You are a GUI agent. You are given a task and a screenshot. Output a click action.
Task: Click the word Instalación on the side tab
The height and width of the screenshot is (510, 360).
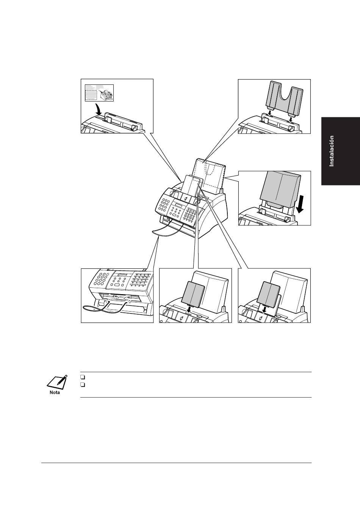[x=332, y=151]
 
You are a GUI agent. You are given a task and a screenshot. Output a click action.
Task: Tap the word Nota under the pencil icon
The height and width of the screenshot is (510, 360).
[x=55, y=392]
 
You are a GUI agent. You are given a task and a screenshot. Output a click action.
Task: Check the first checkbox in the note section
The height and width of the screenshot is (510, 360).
[x=83, y=377]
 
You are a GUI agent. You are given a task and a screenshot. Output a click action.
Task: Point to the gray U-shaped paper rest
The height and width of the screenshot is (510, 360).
[x=285, y=98]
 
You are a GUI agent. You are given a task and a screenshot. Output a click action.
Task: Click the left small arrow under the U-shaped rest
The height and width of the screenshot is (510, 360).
[x=269, y=112]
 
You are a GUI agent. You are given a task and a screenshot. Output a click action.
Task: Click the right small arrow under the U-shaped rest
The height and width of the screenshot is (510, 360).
[x=291, y=117]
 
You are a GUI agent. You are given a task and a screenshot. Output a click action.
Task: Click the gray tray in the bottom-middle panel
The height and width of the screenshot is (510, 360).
[x=194, y=293]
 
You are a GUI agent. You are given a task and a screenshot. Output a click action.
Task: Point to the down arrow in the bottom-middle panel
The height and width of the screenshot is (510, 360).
[x=189, y=310]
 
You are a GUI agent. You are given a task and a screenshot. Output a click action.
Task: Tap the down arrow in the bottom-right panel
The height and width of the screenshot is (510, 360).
[x=265, y=310]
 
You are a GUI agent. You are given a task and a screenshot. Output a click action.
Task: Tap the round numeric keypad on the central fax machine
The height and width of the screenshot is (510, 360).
[x=164, y=205]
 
